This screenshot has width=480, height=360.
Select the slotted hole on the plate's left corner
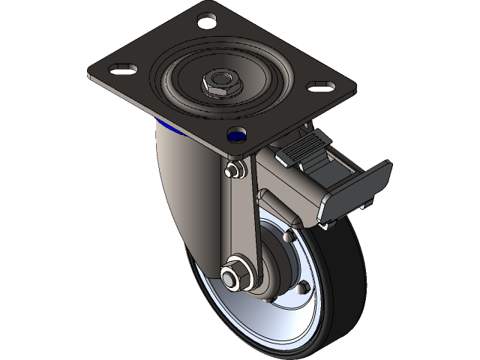coord(120,70)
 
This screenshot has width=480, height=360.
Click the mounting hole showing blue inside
coord(237,136)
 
